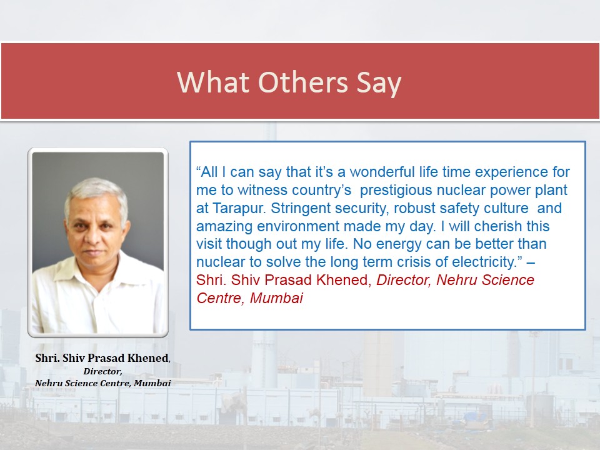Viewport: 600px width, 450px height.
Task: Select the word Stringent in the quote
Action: point(301,209)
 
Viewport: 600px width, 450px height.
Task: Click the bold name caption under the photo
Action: point(102,358)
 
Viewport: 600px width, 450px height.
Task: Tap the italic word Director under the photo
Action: point(102,371)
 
